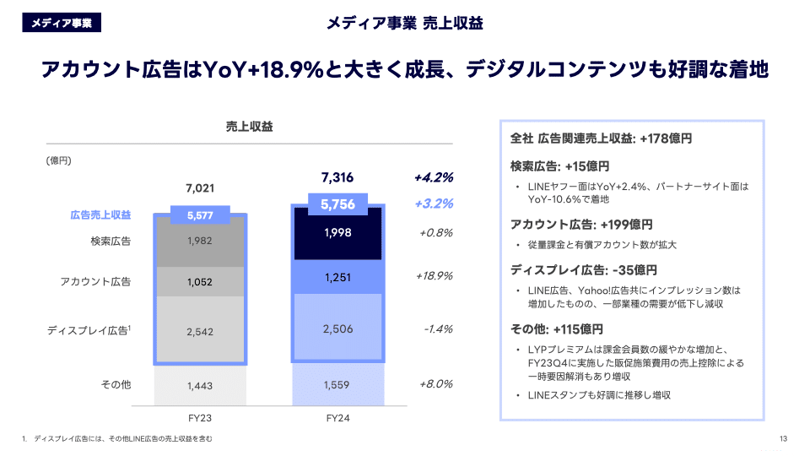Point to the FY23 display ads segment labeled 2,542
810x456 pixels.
200,332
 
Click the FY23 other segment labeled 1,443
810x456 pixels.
200,385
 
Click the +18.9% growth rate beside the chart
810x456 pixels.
435,276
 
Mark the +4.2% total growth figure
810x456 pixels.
434,177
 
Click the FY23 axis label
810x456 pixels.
200,418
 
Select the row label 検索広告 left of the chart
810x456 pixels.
111,242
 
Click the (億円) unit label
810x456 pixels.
58,160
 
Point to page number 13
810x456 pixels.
783,438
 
